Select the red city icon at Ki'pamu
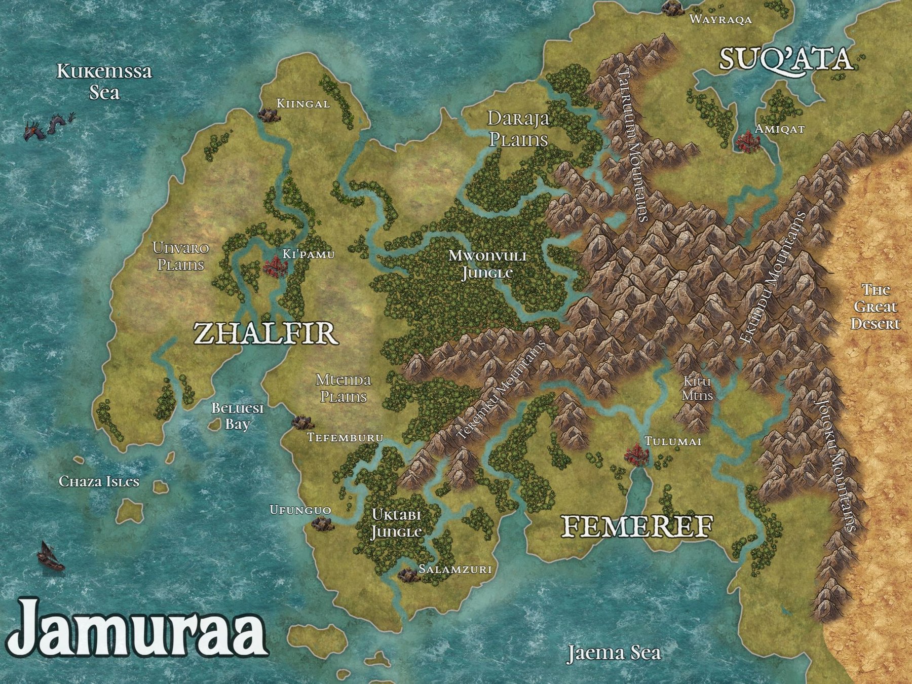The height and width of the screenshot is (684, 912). (274, 266)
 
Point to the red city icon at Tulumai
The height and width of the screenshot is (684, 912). (635, 454)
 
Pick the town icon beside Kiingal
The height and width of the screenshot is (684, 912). (268, 114)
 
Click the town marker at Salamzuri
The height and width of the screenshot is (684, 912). (407, 574)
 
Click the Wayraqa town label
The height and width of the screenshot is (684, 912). (720, 20)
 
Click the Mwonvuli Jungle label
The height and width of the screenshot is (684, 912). (487, 264)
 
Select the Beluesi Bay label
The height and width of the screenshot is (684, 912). (238, 415)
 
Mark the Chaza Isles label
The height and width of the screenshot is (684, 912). (99, 481)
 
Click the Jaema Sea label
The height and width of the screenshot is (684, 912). (614, 653)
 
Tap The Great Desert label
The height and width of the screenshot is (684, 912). (876, 307)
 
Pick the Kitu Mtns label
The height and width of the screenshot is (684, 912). (697, 388)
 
